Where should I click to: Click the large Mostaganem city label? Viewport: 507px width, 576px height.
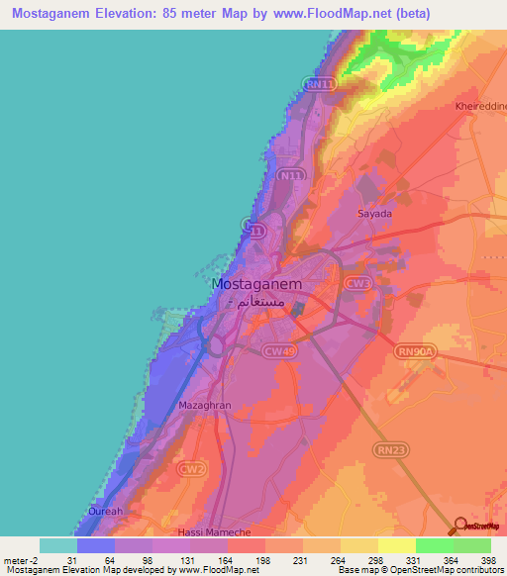coord(257,283)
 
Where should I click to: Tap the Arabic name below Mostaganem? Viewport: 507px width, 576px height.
coord(260,300)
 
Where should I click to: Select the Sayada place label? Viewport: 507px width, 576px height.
coord(374,214)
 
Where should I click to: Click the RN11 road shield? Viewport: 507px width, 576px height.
coord(319,86)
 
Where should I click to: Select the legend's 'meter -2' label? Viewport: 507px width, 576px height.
coord(20,560)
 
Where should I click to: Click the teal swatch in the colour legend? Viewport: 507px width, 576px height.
coord(58,545)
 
